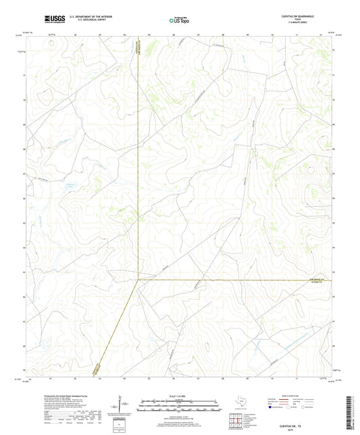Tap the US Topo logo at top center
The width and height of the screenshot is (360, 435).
180,20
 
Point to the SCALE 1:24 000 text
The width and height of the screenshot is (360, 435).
180,396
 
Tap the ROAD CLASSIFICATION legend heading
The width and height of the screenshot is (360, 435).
287,396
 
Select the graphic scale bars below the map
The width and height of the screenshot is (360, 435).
180,407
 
